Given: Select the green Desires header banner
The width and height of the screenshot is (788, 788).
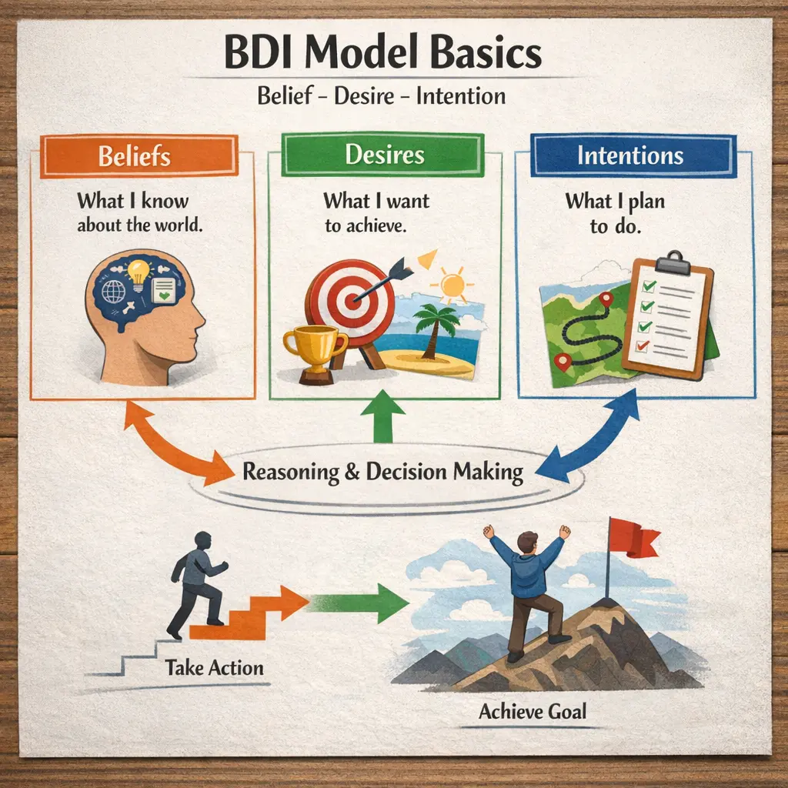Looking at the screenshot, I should coord(384,155).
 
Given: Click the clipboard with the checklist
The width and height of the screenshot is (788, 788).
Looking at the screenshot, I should coord(669,316).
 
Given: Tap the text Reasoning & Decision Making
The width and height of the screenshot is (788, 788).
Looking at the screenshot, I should coord(382,471).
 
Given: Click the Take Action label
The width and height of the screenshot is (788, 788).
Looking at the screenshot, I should coord(214,666).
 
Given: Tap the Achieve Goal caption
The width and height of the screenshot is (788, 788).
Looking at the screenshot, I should coord(532,710).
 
